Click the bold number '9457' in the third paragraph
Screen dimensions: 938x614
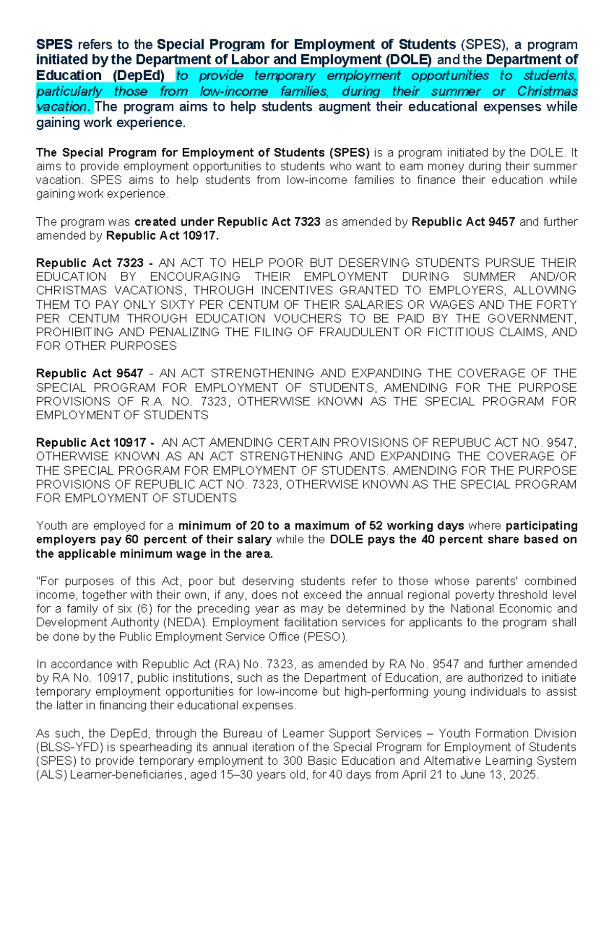[501, 222]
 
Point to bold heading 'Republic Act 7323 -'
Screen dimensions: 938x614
[94, 263]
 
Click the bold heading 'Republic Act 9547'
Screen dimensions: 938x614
[90, 374]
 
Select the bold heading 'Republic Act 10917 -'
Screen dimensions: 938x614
[95, 443]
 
